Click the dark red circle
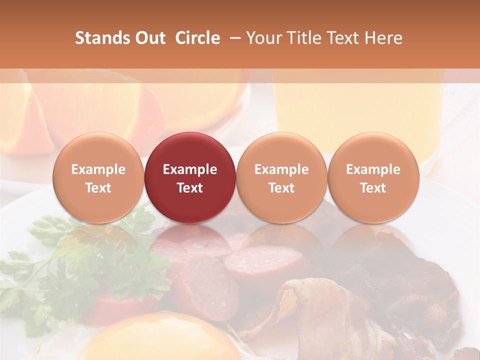[x=190, y=177]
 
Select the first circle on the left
[x=98, y=177]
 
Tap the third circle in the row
[x=281, y=177]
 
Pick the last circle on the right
[x=373, y=177]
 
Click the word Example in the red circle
[x=190, y=169]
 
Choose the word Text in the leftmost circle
[x=98, y=188]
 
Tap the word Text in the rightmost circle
[x=373, y=188]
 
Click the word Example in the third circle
[x=281, y=169]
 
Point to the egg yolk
[x=165, y=340]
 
